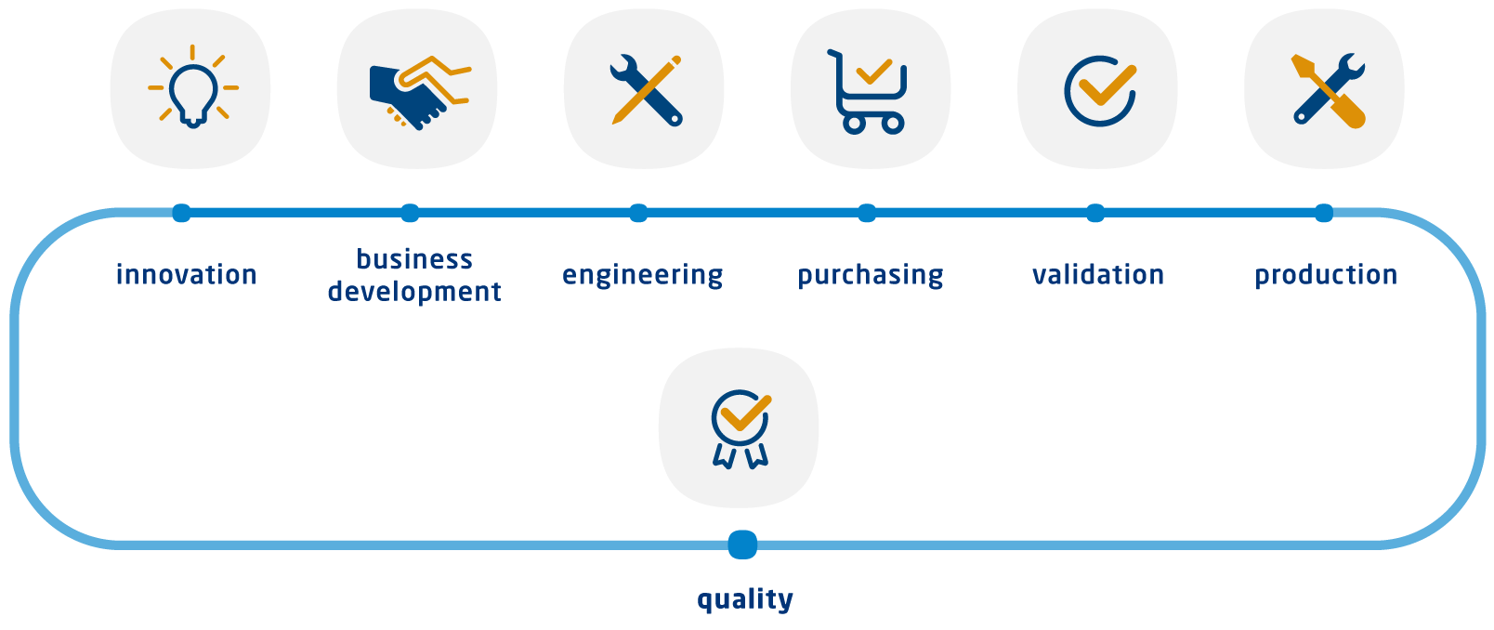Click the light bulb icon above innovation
(193, 87)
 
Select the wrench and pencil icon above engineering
(647, 90)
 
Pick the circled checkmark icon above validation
(1100, 91)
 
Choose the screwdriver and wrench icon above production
(1329, 90)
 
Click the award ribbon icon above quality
(741, 428)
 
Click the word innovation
(186, 274)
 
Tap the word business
(414, 258)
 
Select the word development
(414, 292)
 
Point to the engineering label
(642, 275)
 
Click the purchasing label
(871, 275)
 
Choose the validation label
(1098, 274)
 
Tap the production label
(1326, 275)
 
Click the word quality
(745, 599)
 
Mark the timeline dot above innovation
(181, 213)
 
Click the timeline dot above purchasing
(866, 213)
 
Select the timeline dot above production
(1324, 213)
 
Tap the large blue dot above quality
(742, 545)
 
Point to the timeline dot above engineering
(638, 213)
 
